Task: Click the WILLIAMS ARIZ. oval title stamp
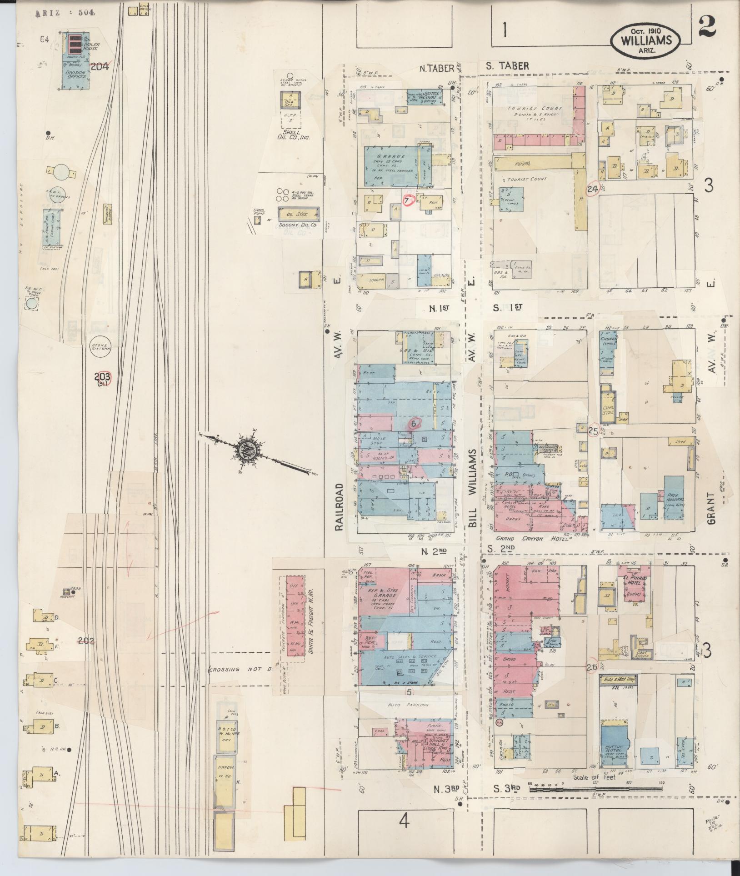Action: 645,40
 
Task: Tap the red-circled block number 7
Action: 408,200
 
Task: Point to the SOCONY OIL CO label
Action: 298,225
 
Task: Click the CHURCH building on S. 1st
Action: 608,352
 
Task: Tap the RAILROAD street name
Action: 338,506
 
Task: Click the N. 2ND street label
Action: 434,551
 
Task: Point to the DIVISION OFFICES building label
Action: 75,74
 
